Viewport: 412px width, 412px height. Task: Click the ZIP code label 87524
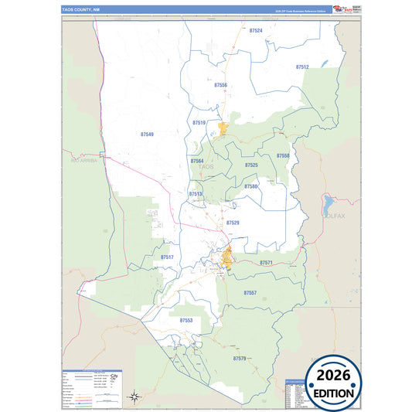(x=257, y=30)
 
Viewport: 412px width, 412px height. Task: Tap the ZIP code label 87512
(x=302, y=67)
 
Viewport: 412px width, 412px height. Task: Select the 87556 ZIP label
(x=221, y=85)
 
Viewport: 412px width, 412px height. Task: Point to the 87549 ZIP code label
(x=147, y=134)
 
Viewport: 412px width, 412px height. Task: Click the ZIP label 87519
(x=199, y=123)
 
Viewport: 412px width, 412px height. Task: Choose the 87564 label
(x=196, y=161)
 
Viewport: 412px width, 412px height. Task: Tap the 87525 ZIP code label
(x=251, y=165)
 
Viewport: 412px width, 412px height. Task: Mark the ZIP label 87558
(x=283, y=156)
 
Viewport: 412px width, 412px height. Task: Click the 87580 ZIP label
(x=250, y=186)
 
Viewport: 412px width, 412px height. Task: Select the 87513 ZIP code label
(x=196, y=194)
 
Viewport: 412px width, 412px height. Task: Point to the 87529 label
(x=233, y=223)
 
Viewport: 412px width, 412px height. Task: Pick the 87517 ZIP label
(x=167, y=257)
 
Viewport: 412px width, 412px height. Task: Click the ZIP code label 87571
(x=266, y=264)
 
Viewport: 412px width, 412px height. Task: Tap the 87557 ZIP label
(x=250, y=293)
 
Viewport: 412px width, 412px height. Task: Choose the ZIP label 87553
(x=186, y=319)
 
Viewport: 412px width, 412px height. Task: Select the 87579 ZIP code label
(x=239, y=359)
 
